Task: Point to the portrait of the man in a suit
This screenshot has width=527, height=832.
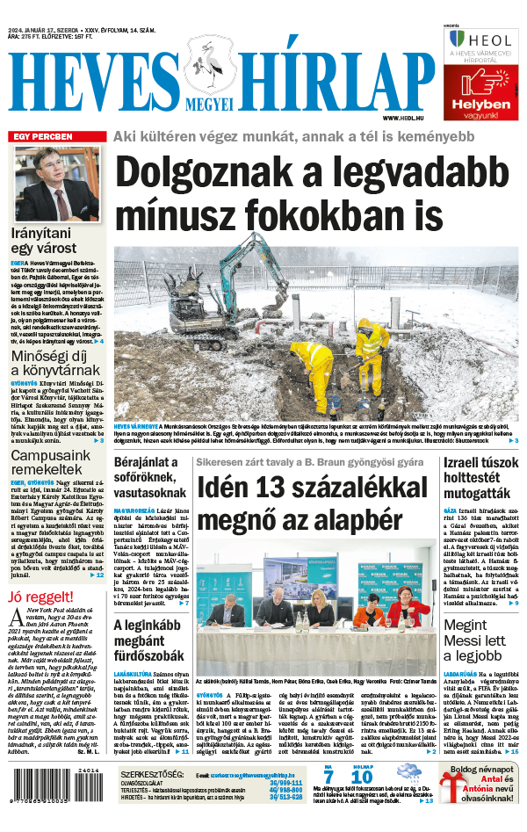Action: (x=57, y=184)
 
